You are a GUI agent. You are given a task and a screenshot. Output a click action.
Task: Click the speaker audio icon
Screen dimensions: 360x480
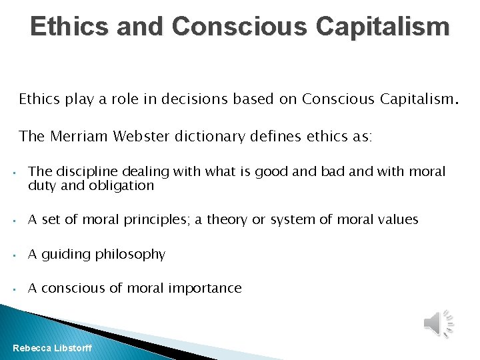click(438, 323)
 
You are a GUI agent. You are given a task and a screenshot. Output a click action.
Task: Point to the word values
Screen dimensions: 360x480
click(397, 219)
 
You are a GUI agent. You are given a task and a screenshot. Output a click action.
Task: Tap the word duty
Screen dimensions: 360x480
click(41, 186)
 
